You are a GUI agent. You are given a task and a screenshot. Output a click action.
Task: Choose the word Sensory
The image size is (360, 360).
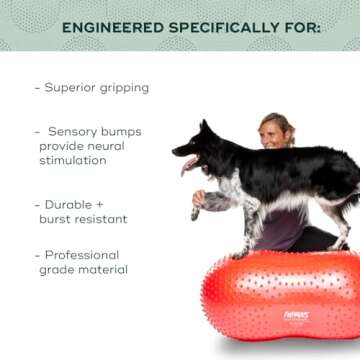click(x=74, y=131)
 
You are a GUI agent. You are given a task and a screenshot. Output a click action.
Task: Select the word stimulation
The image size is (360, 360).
click(x=73, y=160)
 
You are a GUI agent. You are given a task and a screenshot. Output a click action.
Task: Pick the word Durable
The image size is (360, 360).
click(x=71, y=204)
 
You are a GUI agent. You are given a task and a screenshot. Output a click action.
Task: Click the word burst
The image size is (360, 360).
click(x=59, y=218)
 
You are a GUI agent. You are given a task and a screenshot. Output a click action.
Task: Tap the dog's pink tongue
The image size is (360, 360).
click(x=185, y=166)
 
